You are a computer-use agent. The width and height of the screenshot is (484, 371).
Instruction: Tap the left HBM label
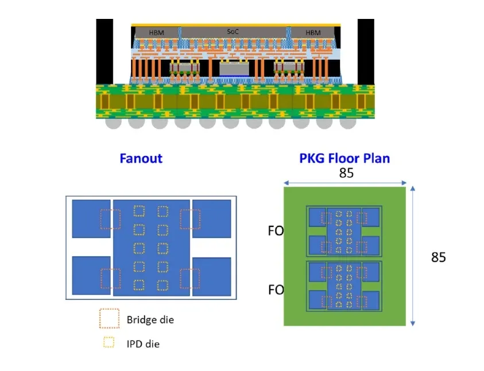coord(156,33)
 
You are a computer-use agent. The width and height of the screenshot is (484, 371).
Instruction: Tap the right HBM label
coord(313,33)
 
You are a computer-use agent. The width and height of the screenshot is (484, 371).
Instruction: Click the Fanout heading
coord(141,158)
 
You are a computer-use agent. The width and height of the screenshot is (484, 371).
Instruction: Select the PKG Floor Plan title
coord(344,158)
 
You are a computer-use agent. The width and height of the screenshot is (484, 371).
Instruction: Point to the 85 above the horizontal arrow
coord(346,173)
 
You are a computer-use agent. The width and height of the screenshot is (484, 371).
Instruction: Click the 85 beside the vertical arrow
coord(438,257)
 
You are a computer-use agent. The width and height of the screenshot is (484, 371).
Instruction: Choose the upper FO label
coord(276,231)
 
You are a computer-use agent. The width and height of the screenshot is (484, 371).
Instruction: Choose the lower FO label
coord(276,290)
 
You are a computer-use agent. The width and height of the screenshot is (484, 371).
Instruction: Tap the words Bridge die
coord(150,320)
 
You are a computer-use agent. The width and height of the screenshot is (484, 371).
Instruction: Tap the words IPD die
coord(143,344)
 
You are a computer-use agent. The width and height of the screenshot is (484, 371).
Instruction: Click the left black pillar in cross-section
coord(104,52)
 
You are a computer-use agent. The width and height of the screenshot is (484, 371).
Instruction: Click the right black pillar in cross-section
coord(366,52)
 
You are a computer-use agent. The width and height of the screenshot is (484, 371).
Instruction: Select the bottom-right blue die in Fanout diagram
coord(212,276)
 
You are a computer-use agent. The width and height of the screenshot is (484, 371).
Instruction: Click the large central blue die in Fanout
coord(151,248)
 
